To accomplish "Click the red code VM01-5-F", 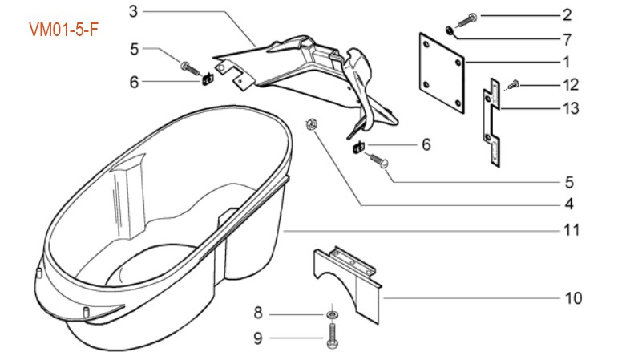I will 63,30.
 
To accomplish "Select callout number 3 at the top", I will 133,10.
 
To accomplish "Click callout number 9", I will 258,338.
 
